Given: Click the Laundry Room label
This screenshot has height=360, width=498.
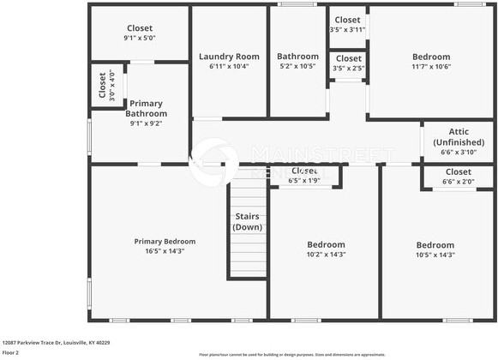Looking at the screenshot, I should (229, 57).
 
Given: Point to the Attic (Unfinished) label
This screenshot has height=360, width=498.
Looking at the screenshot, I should (457, 136).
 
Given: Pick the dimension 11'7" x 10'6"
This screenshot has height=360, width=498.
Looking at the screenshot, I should (431, 67).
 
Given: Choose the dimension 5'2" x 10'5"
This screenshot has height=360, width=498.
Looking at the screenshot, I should (297, 67).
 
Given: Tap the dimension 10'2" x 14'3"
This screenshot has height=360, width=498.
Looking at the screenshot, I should (326, 255).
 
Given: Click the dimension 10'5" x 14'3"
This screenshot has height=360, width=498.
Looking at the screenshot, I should (435, 255).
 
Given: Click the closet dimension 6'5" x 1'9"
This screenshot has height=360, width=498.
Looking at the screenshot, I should (304, 181).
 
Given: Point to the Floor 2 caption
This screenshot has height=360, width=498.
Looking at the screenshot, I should (10, 352).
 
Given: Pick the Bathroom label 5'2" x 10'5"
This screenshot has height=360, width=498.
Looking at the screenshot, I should (297, 57).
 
